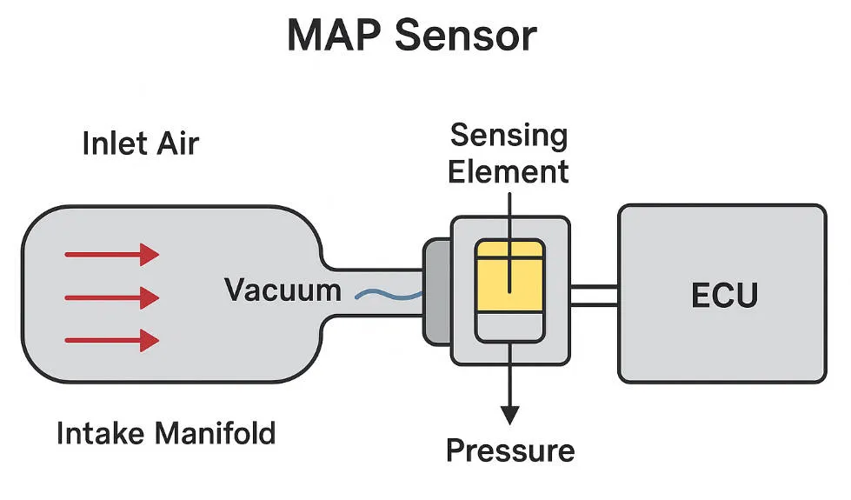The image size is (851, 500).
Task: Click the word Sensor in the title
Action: pos(469,37)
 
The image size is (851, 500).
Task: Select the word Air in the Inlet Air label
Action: pos(178,143)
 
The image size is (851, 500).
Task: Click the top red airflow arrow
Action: pos(112,255)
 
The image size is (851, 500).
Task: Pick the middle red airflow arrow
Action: pos(112,297)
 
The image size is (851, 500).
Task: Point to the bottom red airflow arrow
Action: pos(112,339)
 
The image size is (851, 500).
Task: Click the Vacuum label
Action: pos(283,290)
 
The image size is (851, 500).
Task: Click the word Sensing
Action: pos(509,136)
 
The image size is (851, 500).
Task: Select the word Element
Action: pos(509,170)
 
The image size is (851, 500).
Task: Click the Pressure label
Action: pos(510,450)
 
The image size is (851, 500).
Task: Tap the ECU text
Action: pos(724,296)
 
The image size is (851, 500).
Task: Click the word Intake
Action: pos(96,432)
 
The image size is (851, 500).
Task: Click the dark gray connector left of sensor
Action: pos(436,290)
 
